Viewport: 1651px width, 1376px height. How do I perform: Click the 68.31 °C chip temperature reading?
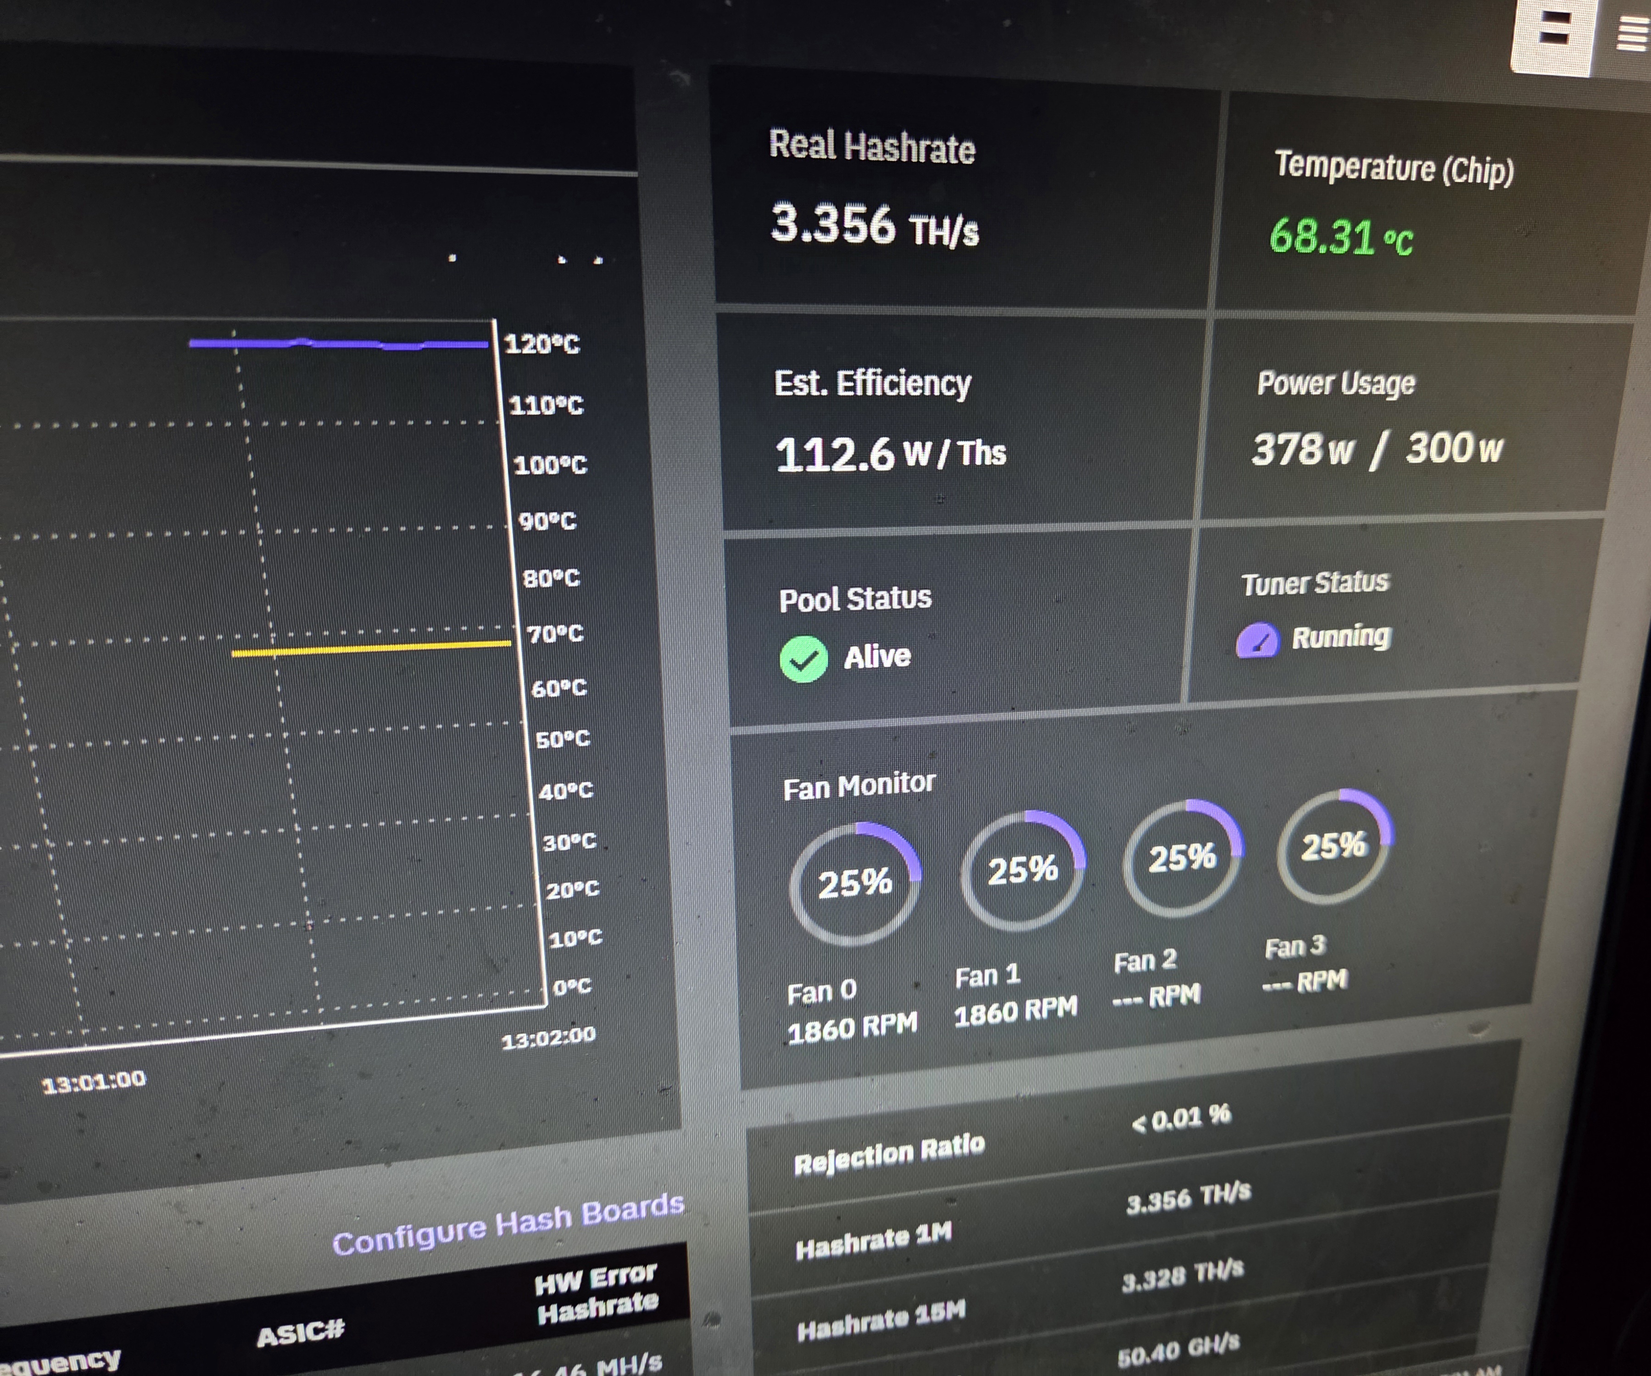coord(1340,237)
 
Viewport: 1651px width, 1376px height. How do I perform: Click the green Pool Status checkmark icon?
coord(803,659)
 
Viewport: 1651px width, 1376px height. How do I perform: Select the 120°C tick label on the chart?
coord(541,344)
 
